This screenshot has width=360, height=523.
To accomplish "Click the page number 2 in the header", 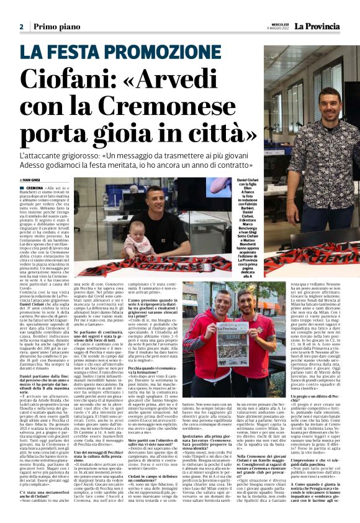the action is [21, 27].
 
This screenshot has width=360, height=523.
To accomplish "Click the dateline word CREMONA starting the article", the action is [35, 188].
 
